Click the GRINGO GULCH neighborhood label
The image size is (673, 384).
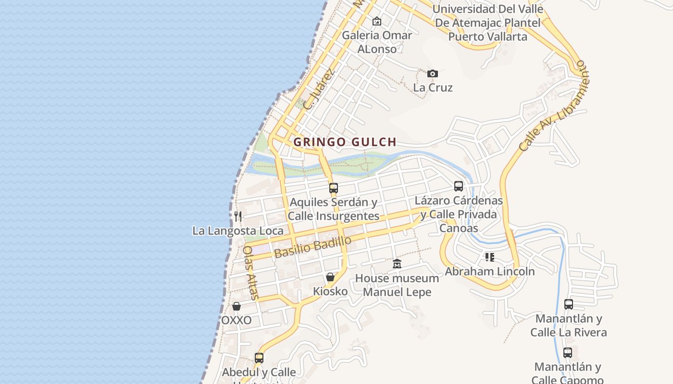tap(345, 142)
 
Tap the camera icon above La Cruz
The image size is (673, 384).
tap(433, 73)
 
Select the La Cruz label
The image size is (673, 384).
tap(433, 88)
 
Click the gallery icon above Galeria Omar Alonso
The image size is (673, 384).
tap(377, 21)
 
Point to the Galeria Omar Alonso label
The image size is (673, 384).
tap(377, 42)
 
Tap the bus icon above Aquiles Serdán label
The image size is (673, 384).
tap(334, 188)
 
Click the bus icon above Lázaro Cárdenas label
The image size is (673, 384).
tap(459, 186)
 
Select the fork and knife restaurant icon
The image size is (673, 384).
tap(238, 216)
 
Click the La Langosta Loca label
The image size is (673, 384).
tap(238, 231)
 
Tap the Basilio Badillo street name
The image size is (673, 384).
tap(313, 247)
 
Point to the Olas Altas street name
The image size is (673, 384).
tap(250, 273)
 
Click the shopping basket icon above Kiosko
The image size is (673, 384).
tap(330, 277)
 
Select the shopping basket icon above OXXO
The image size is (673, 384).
tap(237, 306)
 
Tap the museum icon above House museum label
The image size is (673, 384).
tap(397, 264)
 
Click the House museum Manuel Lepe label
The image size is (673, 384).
tap(397, 285)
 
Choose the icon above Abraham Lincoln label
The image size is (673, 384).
tap(489, 257)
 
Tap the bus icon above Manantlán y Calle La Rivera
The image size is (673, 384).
tap(569, 304)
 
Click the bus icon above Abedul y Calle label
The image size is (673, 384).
tap(259, 358)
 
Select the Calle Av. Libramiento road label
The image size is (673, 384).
tap(553, 107)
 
